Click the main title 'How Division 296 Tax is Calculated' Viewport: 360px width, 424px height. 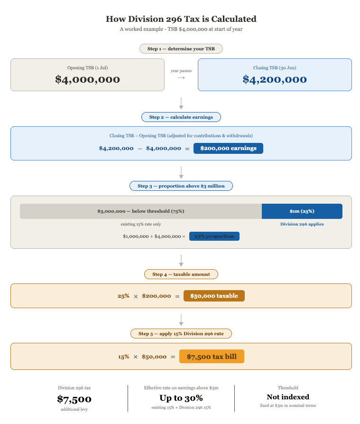click(181, 19)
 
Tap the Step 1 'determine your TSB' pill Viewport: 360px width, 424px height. click(181, 49)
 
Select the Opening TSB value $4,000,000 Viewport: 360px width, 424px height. click(87, 79)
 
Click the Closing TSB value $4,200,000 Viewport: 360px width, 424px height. click(275, 79)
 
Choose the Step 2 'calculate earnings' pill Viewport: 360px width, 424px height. click(181, 117)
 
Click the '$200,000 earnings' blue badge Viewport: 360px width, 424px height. click(228, 148)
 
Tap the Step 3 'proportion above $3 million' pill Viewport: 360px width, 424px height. click(181, 186)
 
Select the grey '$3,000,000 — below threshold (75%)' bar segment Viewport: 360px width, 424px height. click(141, 211)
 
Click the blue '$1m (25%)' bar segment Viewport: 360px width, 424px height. click(302, 211)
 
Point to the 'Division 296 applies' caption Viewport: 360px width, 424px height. click(302, 224)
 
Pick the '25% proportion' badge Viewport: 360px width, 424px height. click(214, 236)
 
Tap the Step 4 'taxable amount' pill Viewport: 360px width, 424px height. click(181, 274)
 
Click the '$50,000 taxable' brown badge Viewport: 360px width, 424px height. click(214, 296)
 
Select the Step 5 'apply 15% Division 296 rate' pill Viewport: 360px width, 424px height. click(181, 334)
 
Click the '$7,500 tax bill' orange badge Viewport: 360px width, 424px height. click(212, 357)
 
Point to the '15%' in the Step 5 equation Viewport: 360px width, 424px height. click(123, 357)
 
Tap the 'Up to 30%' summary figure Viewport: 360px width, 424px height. click(181, 398)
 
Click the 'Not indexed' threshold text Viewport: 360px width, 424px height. click(288, 397)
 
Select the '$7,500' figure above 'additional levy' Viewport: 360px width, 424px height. click(74, 399)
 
